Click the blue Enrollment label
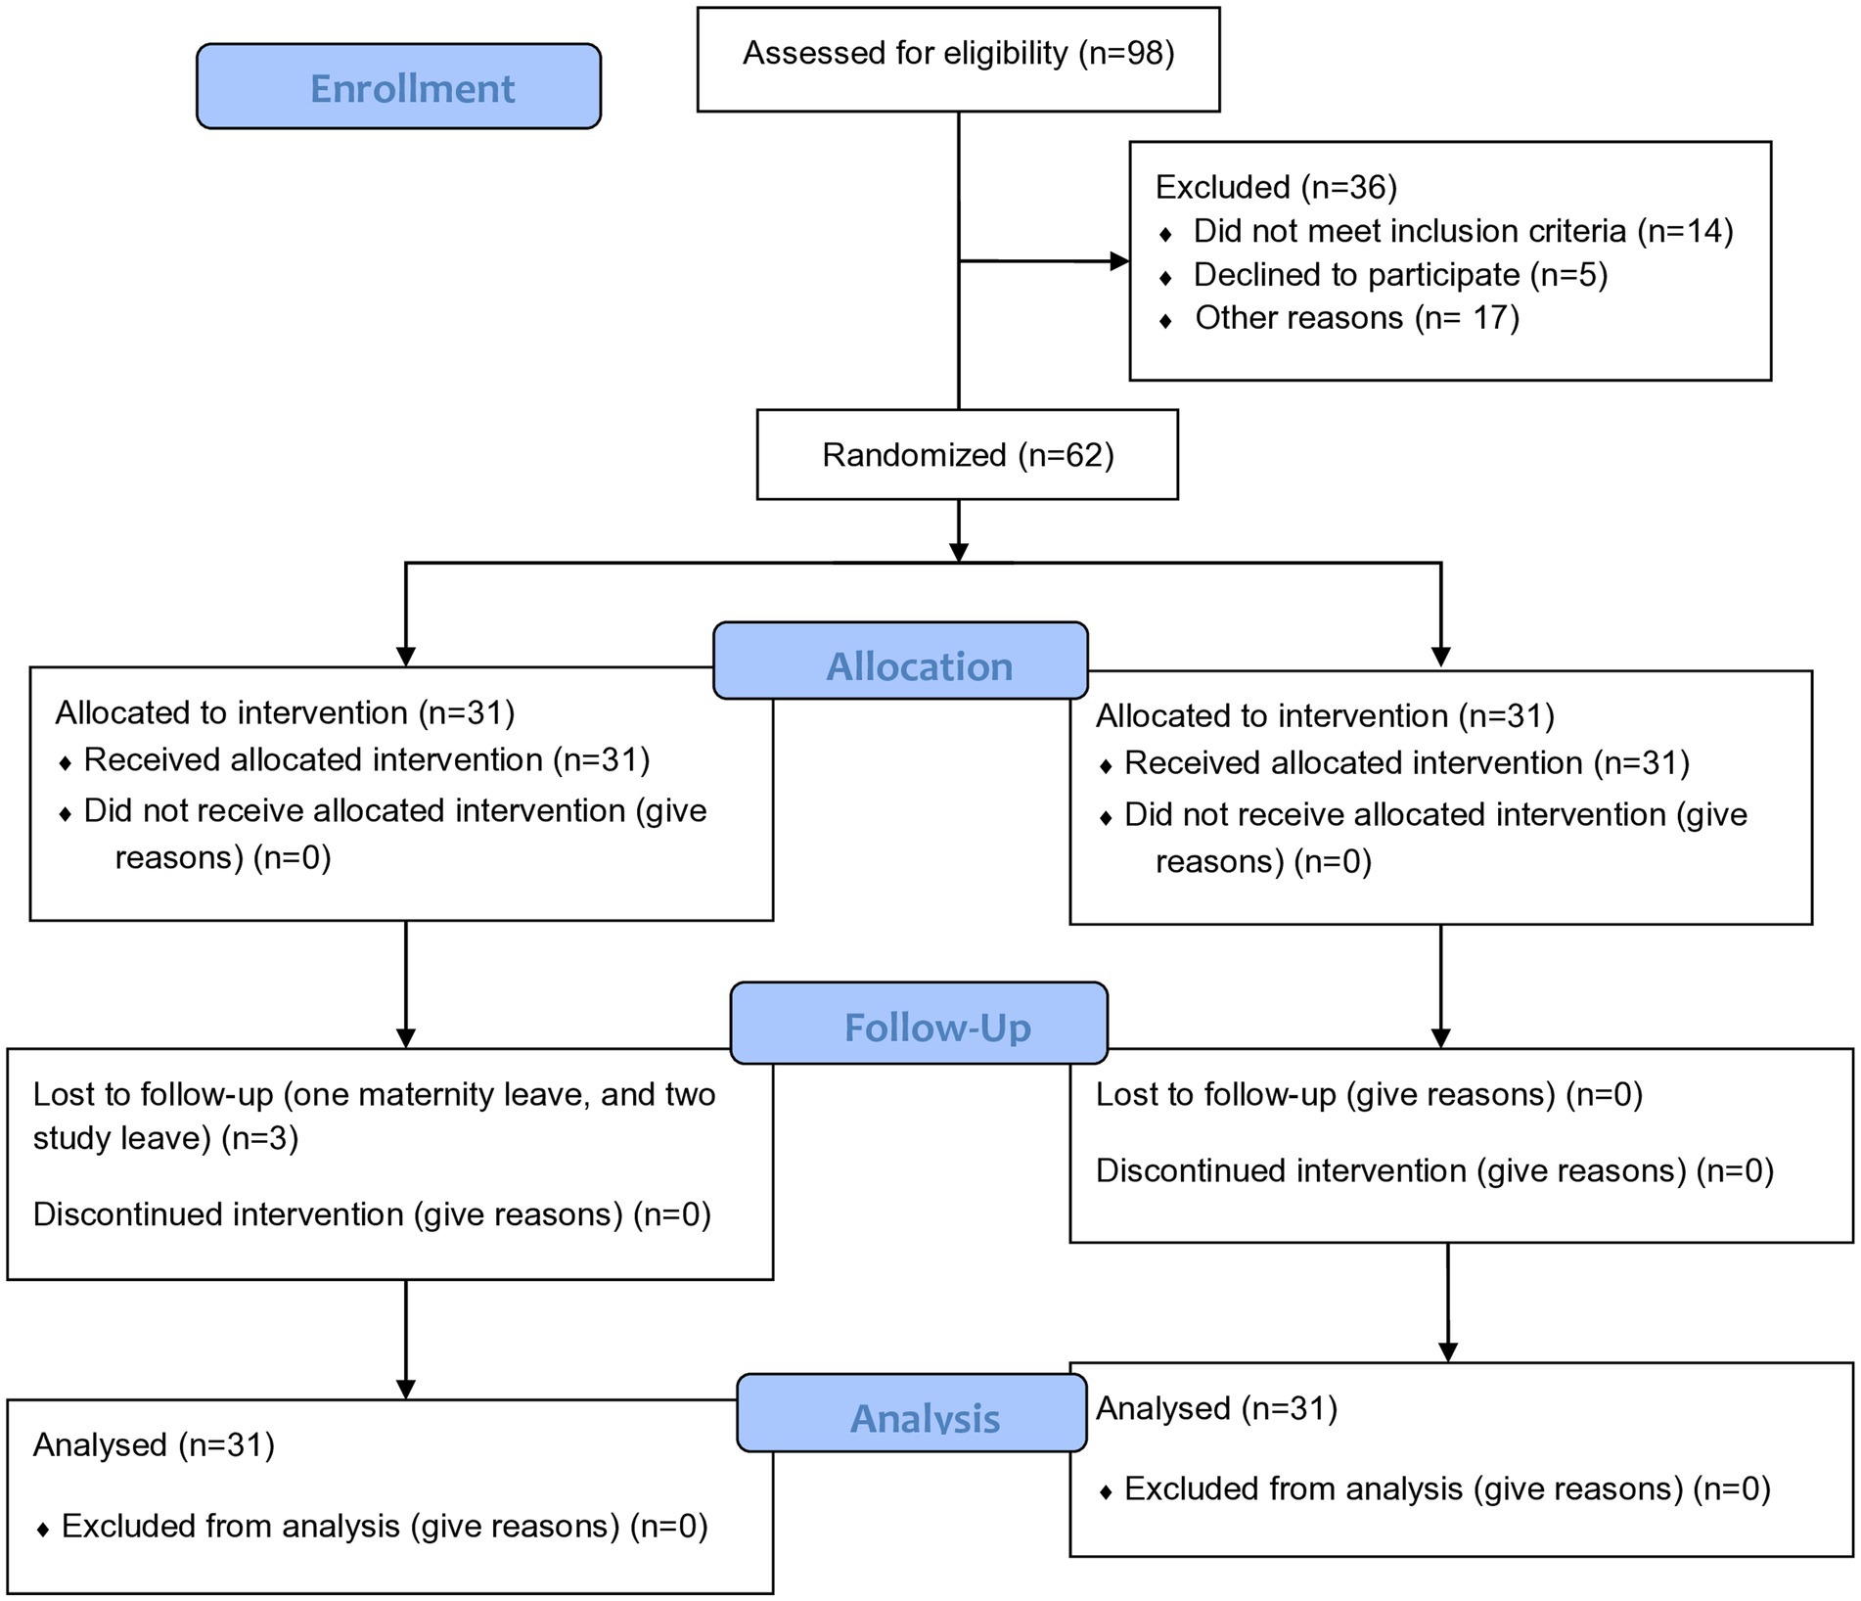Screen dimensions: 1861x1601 coord(398,86)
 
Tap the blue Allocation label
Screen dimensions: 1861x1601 coord(900,661)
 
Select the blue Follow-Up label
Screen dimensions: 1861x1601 coord(919,1023)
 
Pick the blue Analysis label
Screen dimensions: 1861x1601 coord(911,1413)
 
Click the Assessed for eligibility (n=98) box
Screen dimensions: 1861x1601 coord(958,60)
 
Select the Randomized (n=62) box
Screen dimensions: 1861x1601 coord(967,454)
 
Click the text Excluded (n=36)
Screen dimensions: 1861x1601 coord(1276,186)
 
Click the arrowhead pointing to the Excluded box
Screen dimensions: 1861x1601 coord(1119,261)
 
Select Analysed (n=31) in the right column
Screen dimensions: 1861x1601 coord(1216,1408)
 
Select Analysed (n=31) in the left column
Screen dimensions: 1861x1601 coord(154,1444)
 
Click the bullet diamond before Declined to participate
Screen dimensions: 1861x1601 coord(1164,278)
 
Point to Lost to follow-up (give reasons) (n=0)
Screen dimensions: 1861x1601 coord(1369,1094)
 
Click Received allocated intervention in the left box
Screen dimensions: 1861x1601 coord(314,759)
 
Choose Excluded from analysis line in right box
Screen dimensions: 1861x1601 coord(1435,1488)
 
